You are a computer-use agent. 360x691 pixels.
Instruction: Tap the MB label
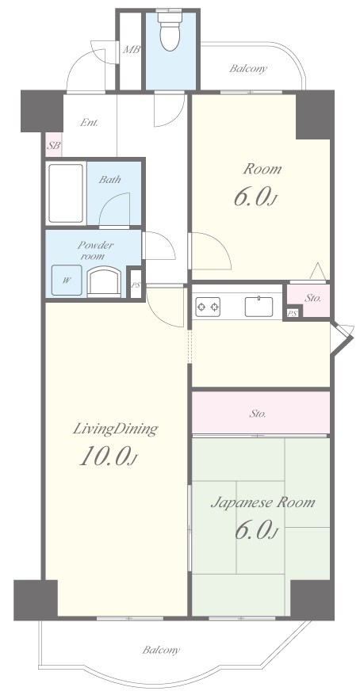click(x=131, y=49)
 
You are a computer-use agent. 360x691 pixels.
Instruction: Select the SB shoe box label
click(x=54, y=145)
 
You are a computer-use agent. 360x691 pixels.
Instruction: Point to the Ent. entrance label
click(x=89, y=123)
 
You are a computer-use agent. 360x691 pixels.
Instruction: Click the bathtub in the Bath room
click(x=66, y=193)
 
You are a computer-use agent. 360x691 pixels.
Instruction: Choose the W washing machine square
click(x=67, y=280)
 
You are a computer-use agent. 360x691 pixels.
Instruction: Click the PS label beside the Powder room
click(x=136, y=284)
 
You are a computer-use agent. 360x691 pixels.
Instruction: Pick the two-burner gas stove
click(x=208, y=306)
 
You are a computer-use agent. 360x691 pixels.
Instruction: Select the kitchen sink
click(x=259, y=307)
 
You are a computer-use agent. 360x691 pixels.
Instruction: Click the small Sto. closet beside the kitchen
click(x=308, y=300)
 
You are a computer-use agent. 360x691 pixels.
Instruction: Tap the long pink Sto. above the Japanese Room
click(x=261, y=414)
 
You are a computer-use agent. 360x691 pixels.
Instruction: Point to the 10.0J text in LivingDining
click(x=108, y=456)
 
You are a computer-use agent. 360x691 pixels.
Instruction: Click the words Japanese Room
click(x=263, y=502)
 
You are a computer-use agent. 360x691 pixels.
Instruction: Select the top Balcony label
click(x=248, y=68)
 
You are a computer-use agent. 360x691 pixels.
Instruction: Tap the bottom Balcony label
click(x=161, y=650)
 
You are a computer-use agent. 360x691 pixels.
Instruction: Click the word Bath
click(x=109, y=180)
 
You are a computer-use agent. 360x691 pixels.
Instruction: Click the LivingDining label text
click(x=115, y=429)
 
